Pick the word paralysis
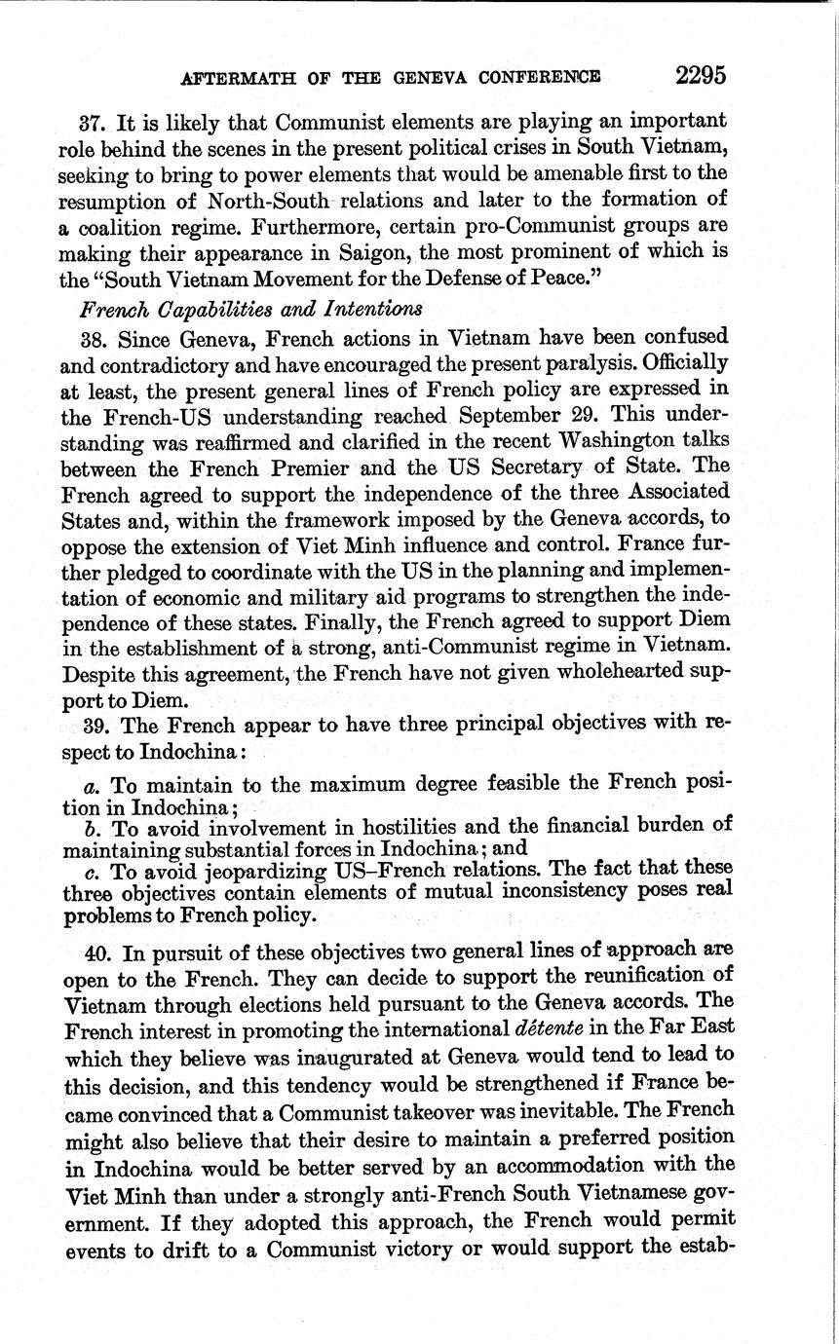572,363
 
